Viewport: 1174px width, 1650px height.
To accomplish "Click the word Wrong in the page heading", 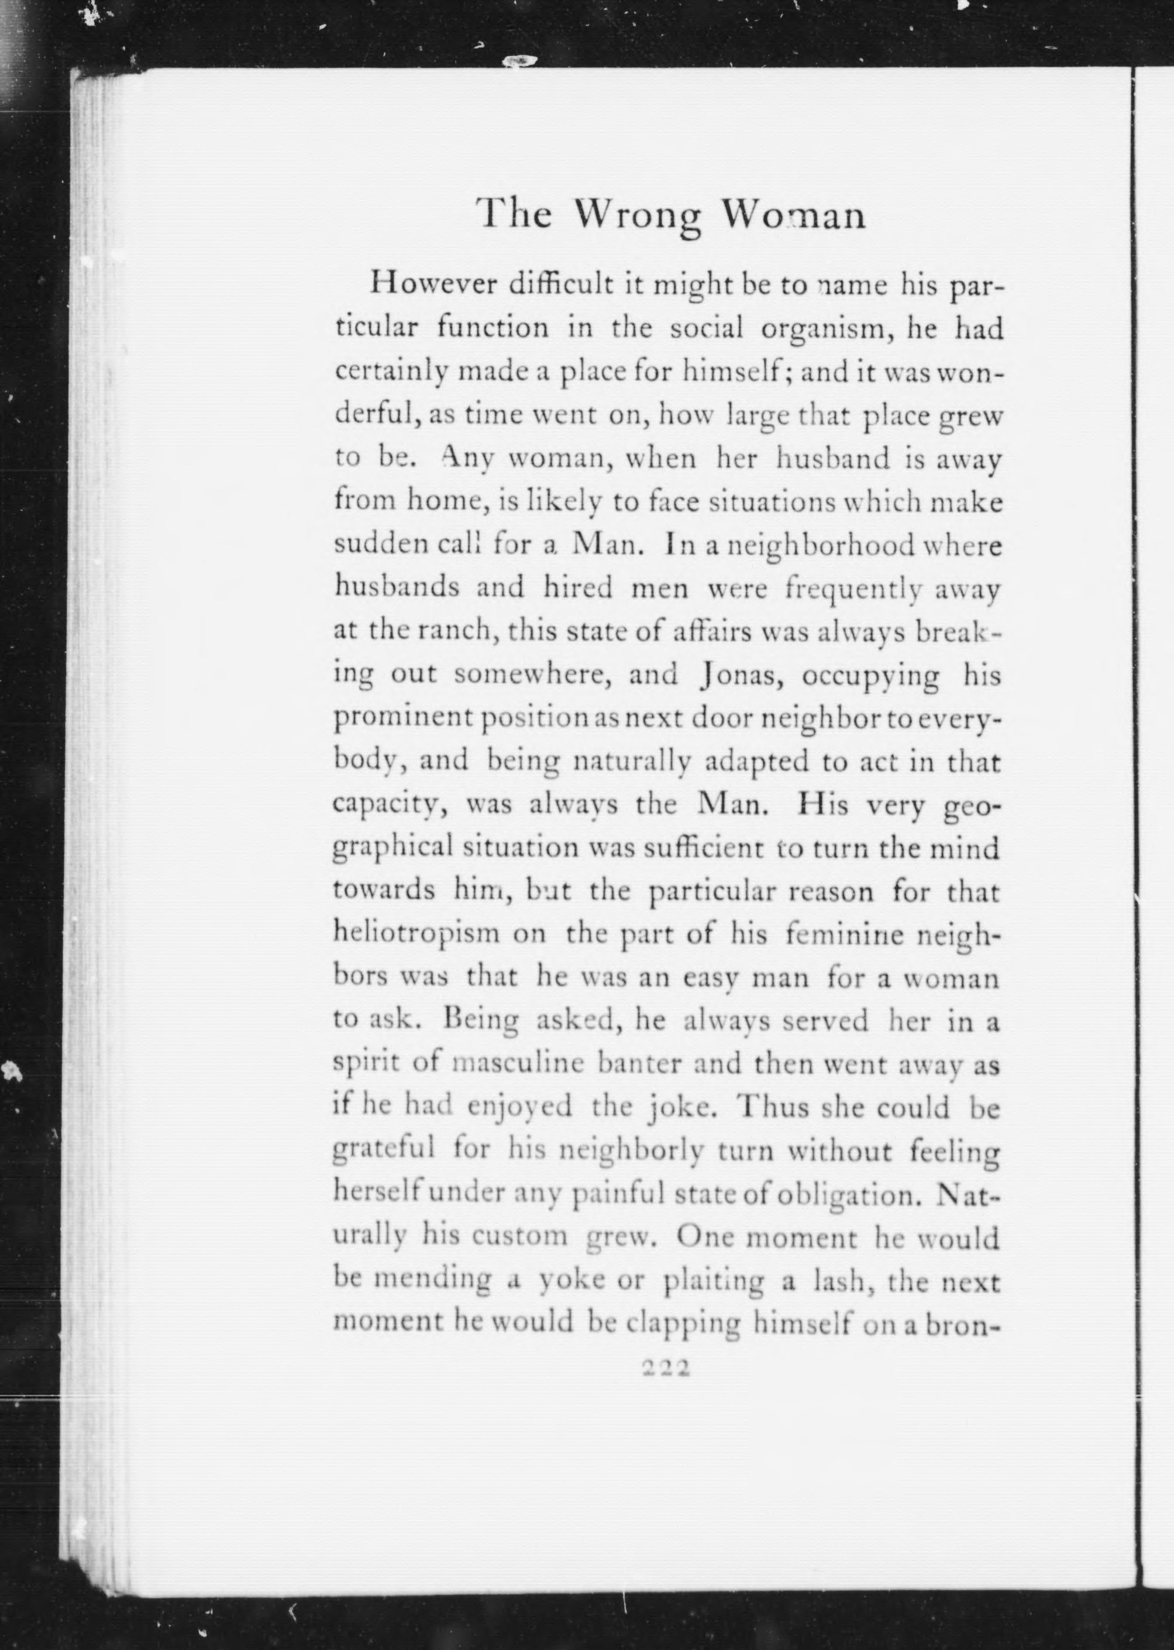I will pyautogui.click(x=638, y=215).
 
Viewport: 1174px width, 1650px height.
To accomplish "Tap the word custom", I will pyautogui.click(x=519, y=1237).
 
